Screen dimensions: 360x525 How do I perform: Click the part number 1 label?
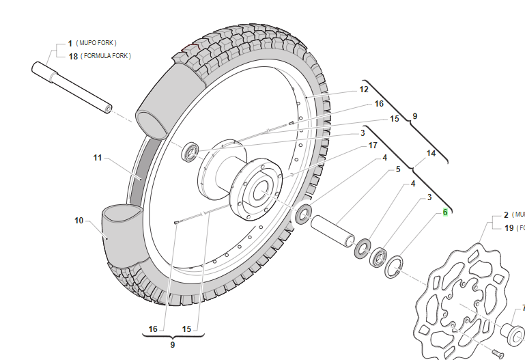70,43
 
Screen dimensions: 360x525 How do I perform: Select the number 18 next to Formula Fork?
73,56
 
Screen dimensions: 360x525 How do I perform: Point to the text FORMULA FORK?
107,56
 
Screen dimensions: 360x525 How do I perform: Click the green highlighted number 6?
445,212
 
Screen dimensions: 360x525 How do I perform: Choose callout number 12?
364,89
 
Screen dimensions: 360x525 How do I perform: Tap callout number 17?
373,146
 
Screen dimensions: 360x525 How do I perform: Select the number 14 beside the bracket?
431,154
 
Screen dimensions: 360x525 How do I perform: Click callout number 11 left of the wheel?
98,158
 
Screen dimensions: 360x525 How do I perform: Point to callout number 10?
79,221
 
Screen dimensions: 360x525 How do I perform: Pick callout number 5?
398,169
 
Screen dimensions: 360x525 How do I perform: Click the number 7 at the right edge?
523,308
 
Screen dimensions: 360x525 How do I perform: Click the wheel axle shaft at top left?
71,88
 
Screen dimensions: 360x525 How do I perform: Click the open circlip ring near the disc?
394,266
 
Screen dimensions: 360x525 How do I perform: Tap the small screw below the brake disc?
497,350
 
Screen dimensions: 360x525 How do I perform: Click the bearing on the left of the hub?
190,152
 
